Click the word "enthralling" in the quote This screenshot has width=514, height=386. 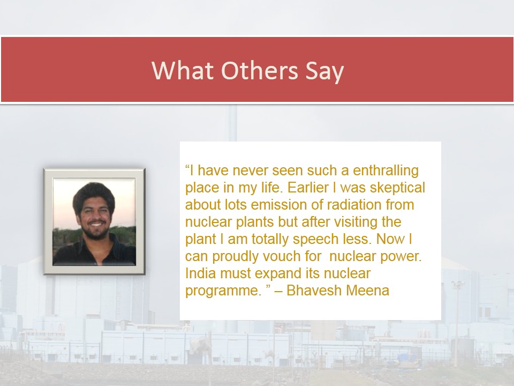[385, 170]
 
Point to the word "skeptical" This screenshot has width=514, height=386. [397, 188]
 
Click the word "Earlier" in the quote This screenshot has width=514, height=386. [308, 188]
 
